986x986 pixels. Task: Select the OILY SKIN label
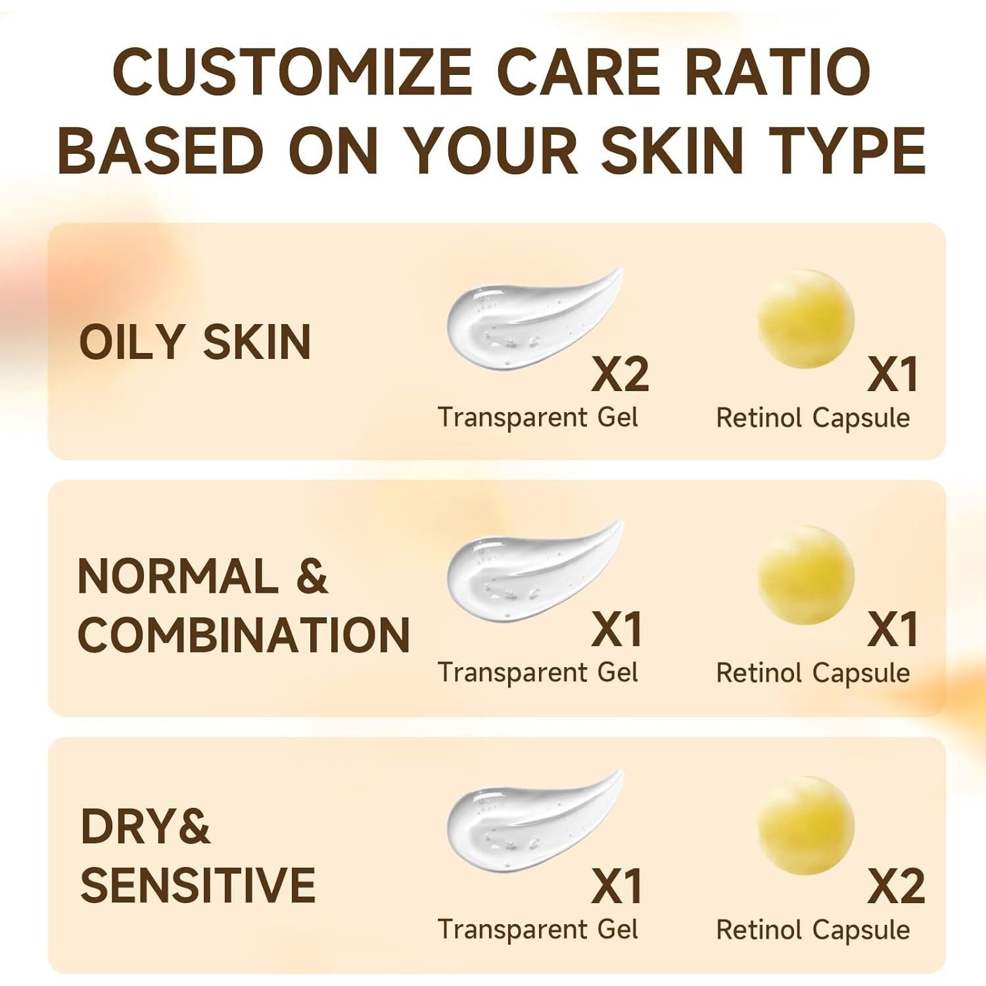[x=195, y=342]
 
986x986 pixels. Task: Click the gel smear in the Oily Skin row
[x=526, y=319]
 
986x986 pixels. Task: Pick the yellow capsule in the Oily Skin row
[x=805, y=319]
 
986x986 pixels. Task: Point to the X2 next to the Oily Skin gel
[x=620, y=375]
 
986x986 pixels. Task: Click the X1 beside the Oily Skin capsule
[x=893, y=375]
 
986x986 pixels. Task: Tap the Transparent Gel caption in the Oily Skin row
[x=538, y=417]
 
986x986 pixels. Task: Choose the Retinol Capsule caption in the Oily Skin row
[x=812, y=418]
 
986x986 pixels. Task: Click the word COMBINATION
[x=244, y=634]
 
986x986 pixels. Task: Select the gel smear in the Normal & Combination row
[x=526, y=572]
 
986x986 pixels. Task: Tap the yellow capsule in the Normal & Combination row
[x=805, y=574]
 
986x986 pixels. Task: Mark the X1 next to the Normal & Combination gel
[x=617, y=630]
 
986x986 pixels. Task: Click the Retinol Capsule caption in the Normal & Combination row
[x=812, y=673]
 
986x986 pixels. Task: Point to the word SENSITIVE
[x=198, y=885]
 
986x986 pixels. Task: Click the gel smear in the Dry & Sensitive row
[x=526, y=822]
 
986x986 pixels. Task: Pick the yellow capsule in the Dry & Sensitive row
[x=805, y=826]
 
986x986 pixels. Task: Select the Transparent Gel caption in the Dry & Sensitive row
[x=538, y=929]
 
